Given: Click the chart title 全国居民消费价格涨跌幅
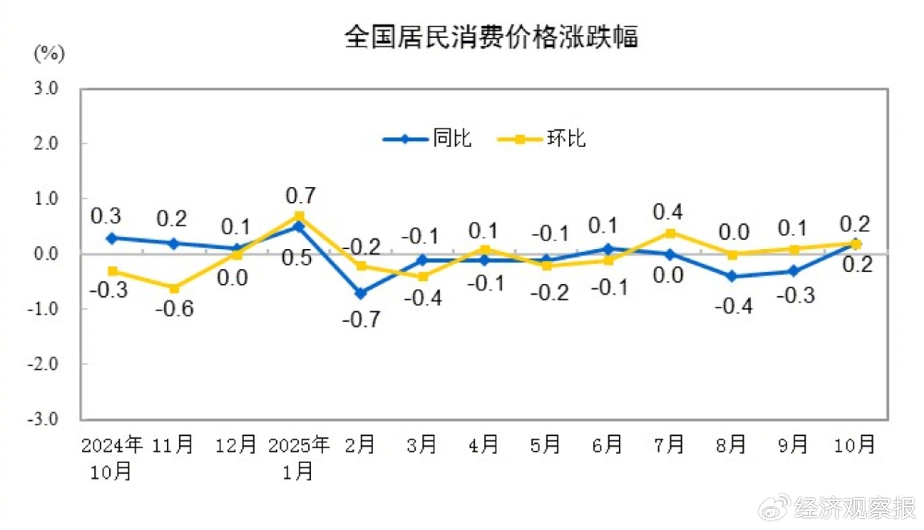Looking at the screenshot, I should click(491, 37).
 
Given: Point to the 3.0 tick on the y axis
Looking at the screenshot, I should click(46, 88).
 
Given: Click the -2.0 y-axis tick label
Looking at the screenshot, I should click(43, 364).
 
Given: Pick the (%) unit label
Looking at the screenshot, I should click(49, 53).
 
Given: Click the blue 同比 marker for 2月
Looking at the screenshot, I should click(361, 293).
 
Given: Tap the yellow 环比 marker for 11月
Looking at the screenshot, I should click(174, 288).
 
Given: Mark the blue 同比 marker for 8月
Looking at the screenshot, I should click(732, 276).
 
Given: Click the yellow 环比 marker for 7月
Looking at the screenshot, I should click(670, 233).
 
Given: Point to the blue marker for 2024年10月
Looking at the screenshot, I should click(112, 238).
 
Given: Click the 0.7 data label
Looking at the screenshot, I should click(300, 196).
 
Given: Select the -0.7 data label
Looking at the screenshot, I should click(361, 319).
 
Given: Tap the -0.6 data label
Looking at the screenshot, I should click(175, 309).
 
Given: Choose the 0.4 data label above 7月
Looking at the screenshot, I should click(667, 212).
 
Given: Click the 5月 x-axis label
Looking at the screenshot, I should click(545, 445).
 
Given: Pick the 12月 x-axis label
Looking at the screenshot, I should click(236, 445).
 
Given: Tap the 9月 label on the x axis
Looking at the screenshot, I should click(792, 445).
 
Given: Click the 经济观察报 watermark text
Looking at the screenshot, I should click(854, 508).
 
